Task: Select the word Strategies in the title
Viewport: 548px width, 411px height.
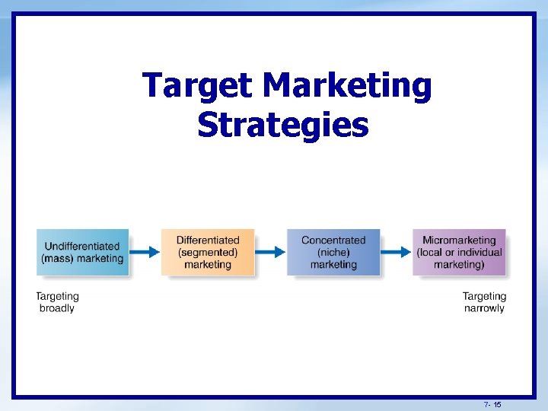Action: (282, 125)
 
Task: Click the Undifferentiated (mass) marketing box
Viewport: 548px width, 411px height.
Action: (82, 252)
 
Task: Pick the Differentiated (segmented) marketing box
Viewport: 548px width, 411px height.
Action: (207, 252)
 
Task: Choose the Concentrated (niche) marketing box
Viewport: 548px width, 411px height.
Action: (333, 252)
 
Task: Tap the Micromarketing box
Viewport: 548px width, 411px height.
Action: (459, 252)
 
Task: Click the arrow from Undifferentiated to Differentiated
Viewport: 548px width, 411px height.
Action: (145, 252)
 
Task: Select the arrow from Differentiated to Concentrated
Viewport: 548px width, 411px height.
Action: (270, 252)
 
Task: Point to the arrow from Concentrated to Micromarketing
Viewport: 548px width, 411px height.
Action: (396, 252)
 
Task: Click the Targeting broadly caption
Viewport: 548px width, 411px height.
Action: (57, 302)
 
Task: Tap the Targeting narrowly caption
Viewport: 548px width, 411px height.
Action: (484, 302)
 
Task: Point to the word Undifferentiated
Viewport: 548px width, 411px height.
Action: (82, 246)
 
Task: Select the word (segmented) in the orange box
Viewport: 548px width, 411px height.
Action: (207, 252)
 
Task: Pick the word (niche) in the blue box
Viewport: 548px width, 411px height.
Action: (333, 252)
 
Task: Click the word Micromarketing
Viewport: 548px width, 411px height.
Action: (459, 241)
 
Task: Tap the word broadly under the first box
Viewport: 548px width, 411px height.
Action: (57, 308)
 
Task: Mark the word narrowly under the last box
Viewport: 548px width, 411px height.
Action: (484, 308)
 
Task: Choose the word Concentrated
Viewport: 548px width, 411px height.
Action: (333, 241)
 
